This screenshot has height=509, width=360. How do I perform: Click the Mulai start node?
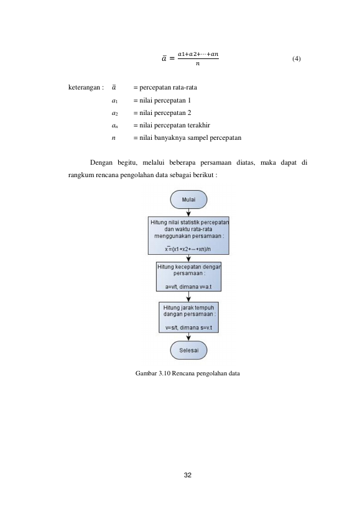(x=188, y=199)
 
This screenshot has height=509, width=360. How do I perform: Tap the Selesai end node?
(x=188, y=351)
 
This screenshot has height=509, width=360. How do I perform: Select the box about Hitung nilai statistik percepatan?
(x=188, y=236)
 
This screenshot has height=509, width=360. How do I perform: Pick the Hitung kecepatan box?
(x=188, y=277)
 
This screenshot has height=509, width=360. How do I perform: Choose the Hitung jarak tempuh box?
(x=188, y=318)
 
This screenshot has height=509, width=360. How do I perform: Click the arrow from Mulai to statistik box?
(x=188, y=213)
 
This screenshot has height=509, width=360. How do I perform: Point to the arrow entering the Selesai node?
(x=188, y=337)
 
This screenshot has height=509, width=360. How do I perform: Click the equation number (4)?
(x=297, y=59)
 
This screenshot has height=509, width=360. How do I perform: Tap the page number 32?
(x=188, y=475)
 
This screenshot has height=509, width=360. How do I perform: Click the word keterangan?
(x=84, y=88)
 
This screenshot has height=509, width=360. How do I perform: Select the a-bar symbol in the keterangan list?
(x=114, y=88)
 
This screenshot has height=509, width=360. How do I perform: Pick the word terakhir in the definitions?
(x=199, y=126)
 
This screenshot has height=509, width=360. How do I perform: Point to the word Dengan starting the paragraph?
(x=101, y=163)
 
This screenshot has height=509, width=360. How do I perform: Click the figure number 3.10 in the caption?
(x=165, y=374)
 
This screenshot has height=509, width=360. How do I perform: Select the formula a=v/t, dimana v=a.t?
(x=188, y=287)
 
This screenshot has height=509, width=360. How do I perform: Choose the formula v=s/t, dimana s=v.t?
(x=188, y=328)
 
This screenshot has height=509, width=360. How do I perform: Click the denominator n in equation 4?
(x=198, y=63)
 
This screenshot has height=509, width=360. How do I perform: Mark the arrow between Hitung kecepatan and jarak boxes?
(x=188, y=296)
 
